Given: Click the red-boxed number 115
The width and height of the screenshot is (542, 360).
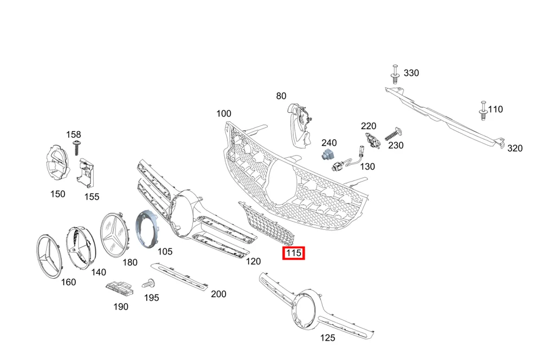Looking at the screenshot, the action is pos(293,253).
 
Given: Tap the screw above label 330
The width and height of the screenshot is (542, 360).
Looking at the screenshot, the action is pos(395,74).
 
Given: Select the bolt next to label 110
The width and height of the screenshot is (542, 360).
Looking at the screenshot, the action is pos(483,110).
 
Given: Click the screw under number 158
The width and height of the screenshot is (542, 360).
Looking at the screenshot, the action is pos(76,147).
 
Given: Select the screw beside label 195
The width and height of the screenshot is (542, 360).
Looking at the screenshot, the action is pos(149,283).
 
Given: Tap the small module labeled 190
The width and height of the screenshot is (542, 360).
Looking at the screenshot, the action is pos(119,288).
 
